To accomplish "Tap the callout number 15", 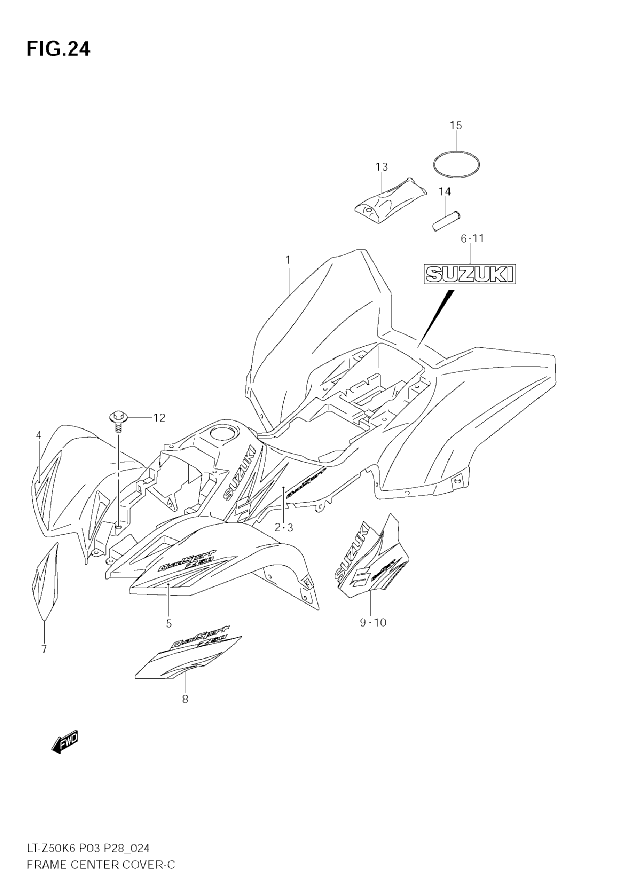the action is point(456,126).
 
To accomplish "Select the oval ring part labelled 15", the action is point(456,164).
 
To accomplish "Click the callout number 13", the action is point(382,167).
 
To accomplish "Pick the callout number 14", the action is point(445,191).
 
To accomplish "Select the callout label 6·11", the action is point(472,239).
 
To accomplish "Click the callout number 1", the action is point(288,260).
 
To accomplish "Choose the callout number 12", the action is point(159,418).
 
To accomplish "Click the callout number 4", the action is point(39,435).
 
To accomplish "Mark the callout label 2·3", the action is point(284,527).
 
